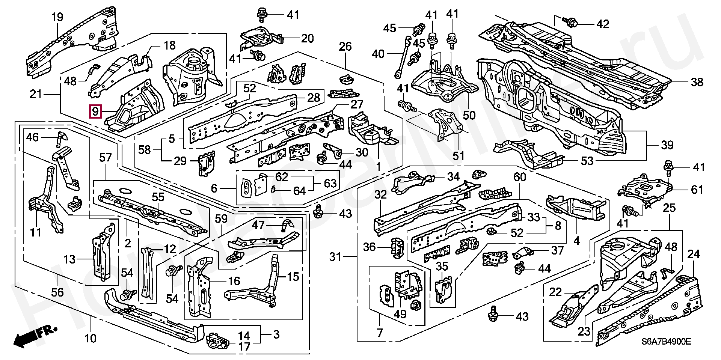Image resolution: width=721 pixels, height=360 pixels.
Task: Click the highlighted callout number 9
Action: (x=95, y=111)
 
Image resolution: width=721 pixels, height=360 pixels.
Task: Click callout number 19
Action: (x=57, y=17)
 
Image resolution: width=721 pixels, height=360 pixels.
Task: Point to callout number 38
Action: (x=697, y=82)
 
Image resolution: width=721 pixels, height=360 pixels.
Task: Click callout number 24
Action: (x=693, y=254)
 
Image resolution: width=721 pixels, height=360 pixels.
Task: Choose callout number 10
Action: (x=91, y=339)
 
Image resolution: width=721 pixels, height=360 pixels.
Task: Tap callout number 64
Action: (x=299, y=191)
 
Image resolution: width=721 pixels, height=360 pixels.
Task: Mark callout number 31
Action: (x=335, y=257)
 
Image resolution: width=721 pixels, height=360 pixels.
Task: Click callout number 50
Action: (x=469, y=115)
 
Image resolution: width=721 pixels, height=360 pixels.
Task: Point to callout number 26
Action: (x=345, y=47)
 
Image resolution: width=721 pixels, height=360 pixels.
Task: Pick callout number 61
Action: (x=697, y=189)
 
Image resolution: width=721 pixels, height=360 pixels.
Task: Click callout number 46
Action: (x=32, y=137)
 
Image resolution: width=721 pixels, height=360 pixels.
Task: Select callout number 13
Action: (x=70, y=259)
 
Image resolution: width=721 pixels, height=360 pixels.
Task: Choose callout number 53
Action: (x=587, y=161)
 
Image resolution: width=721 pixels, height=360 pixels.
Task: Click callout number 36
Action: (x=370, y=247)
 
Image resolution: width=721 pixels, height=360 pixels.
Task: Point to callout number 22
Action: (x=556, y=292)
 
